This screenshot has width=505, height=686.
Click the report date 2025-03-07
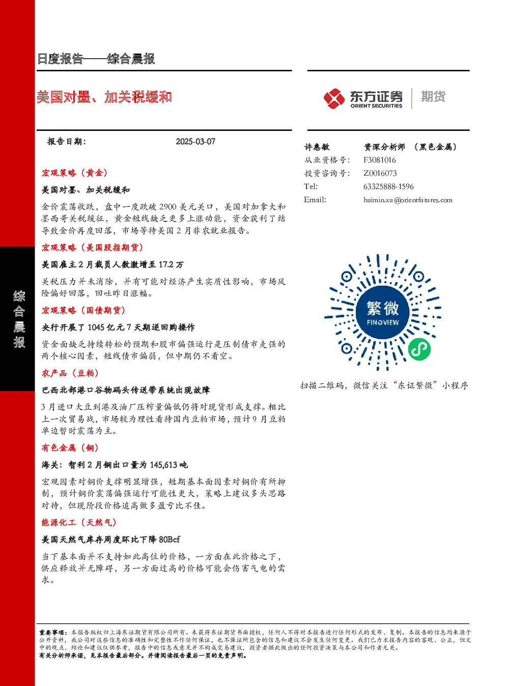tap(195, 142)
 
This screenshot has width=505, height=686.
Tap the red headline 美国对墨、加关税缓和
tap(104, 97)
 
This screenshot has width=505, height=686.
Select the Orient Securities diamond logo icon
tap(334, 98)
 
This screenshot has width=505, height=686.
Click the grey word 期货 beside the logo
tap(433, 96)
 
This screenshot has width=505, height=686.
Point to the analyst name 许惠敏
tap(317, 147)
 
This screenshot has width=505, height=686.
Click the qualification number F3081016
tap(380, 160)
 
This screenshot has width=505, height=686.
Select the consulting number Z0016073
tap(380, 173)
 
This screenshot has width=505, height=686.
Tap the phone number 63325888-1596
tap(388, 186)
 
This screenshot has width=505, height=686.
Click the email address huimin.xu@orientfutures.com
tap(408, 200)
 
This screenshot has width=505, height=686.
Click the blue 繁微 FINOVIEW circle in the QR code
tap(383, 312)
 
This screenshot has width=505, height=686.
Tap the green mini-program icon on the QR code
tap(419, 349)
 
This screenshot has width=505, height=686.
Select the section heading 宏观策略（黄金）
tap(75, 173)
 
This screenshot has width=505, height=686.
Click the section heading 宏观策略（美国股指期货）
tap(93, 248)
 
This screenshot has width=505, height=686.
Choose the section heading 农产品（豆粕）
tap(70, 373)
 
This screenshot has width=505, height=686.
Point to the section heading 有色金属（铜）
tap(70, 448)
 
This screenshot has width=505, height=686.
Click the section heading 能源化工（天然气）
tap(79, 523)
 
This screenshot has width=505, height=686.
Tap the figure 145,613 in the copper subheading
tap(164, 465)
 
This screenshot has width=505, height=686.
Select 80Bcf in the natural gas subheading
tap(170, 539)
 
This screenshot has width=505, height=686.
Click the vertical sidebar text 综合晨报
tap(19, 319)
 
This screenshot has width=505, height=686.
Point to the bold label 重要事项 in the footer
tap(51, 633)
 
